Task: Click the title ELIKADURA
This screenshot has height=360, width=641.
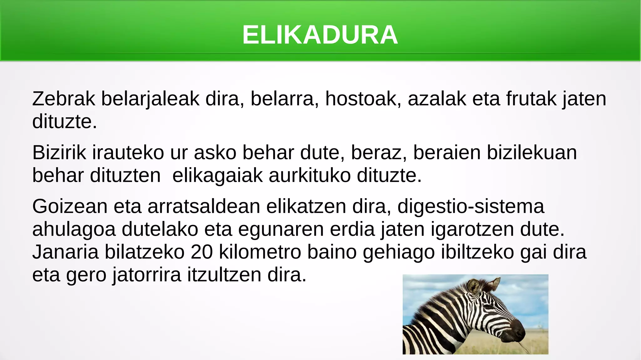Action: click(x=320, y=35)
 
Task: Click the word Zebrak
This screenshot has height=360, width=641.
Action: click(x=64, y=99)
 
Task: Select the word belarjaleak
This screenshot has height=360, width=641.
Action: click(x=150, y=99)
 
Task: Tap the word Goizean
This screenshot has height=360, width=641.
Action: click(x=70, y=207)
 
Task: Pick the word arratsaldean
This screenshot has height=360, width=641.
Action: click(x=204, y=207)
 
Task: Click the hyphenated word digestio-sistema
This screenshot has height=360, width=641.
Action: click(x=471, y=207)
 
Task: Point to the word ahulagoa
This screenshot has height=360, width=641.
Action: click(x=74, y=229)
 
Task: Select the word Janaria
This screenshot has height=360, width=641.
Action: click(x=65, y=252)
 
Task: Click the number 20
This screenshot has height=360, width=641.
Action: click(x=202, y=252)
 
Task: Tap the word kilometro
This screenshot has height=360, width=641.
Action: click(x=260, y=252)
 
